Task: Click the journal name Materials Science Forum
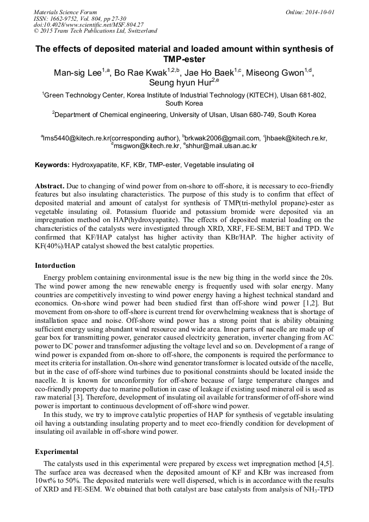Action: pyautogui.click(x=65, y=12)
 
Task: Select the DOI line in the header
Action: pyautogui.click(x=89, y=24)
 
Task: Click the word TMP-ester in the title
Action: pyautogui.click(x=184, y=59)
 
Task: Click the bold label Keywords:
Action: pyautogui.click(x=52, y=164)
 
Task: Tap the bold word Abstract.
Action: pyautogui.click(x=50, y=186)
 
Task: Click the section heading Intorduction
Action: pyautogui.click(x=55, y=266)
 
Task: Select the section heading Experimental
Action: pyautogui.click(x=57, y=451)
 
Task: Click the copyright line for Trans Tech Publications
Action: pyautogui.click(x=95, y=31)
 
